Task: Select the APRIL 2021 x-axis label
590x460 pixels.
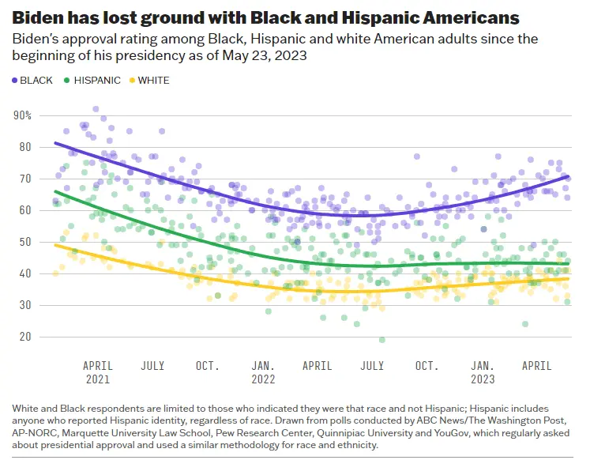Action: (x=98, y=372)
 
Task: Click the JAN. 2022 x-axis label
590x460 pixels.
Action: (x=263, y=372)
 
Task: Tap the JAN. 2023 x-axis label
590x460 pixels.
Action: (x=483, y=372)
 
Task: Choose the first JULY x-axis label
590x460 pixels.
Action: (x=152, y=366)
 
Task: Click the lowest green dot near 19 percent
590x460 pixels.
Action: (x=382, y=340)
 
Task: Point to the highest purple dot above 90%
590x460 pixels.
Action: (x=96, y=109)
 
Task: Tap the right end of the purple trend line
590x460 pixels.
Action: (x=569, y=176)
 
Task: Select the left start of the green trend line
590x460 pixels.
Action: (x=54, y=191)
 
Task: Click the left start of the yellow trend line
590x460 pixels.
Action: (x=54, y=245)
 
